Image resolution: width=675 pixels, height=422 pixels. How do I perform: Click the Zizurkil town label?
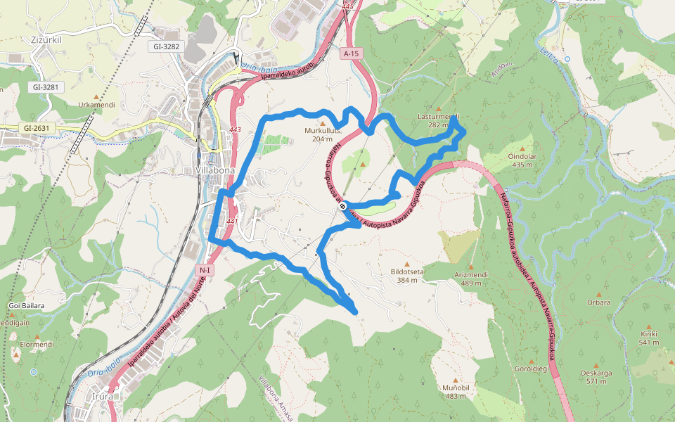point(47,40)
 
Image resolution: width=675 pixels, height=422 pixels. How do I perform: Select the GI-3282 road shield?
point(167,46)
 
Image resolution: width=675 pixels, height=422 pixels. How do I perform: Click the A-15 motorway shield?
point(352,53)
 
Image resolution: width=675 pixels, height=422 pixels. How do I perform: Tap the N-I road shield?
point(205,269)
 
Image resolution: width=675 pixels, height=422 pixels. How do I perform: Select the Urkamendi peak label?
point(96,105)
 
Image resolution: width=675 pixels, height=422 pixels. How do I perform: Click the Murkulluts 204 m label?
point(323,134)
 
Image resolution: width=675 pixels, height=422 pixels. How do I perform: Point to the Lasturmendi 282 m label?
point(438,120)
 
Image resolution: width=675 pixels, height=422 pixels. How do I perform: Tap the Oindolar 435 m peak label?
point(522,160)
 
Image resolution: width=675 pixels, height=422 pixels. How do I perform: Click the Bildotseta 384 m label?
point(407,275)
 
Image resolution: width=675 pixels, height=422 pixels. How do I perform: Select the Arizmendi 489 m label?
point(471,279)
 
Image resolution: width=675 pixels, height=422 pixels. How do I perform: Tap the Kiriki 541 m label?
point(648,338)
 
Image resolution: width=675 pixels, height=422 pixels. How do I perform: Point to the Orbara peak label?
point(598,302)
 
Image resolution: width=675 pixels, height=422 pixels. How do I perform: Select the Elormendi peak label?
point(37,345)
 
